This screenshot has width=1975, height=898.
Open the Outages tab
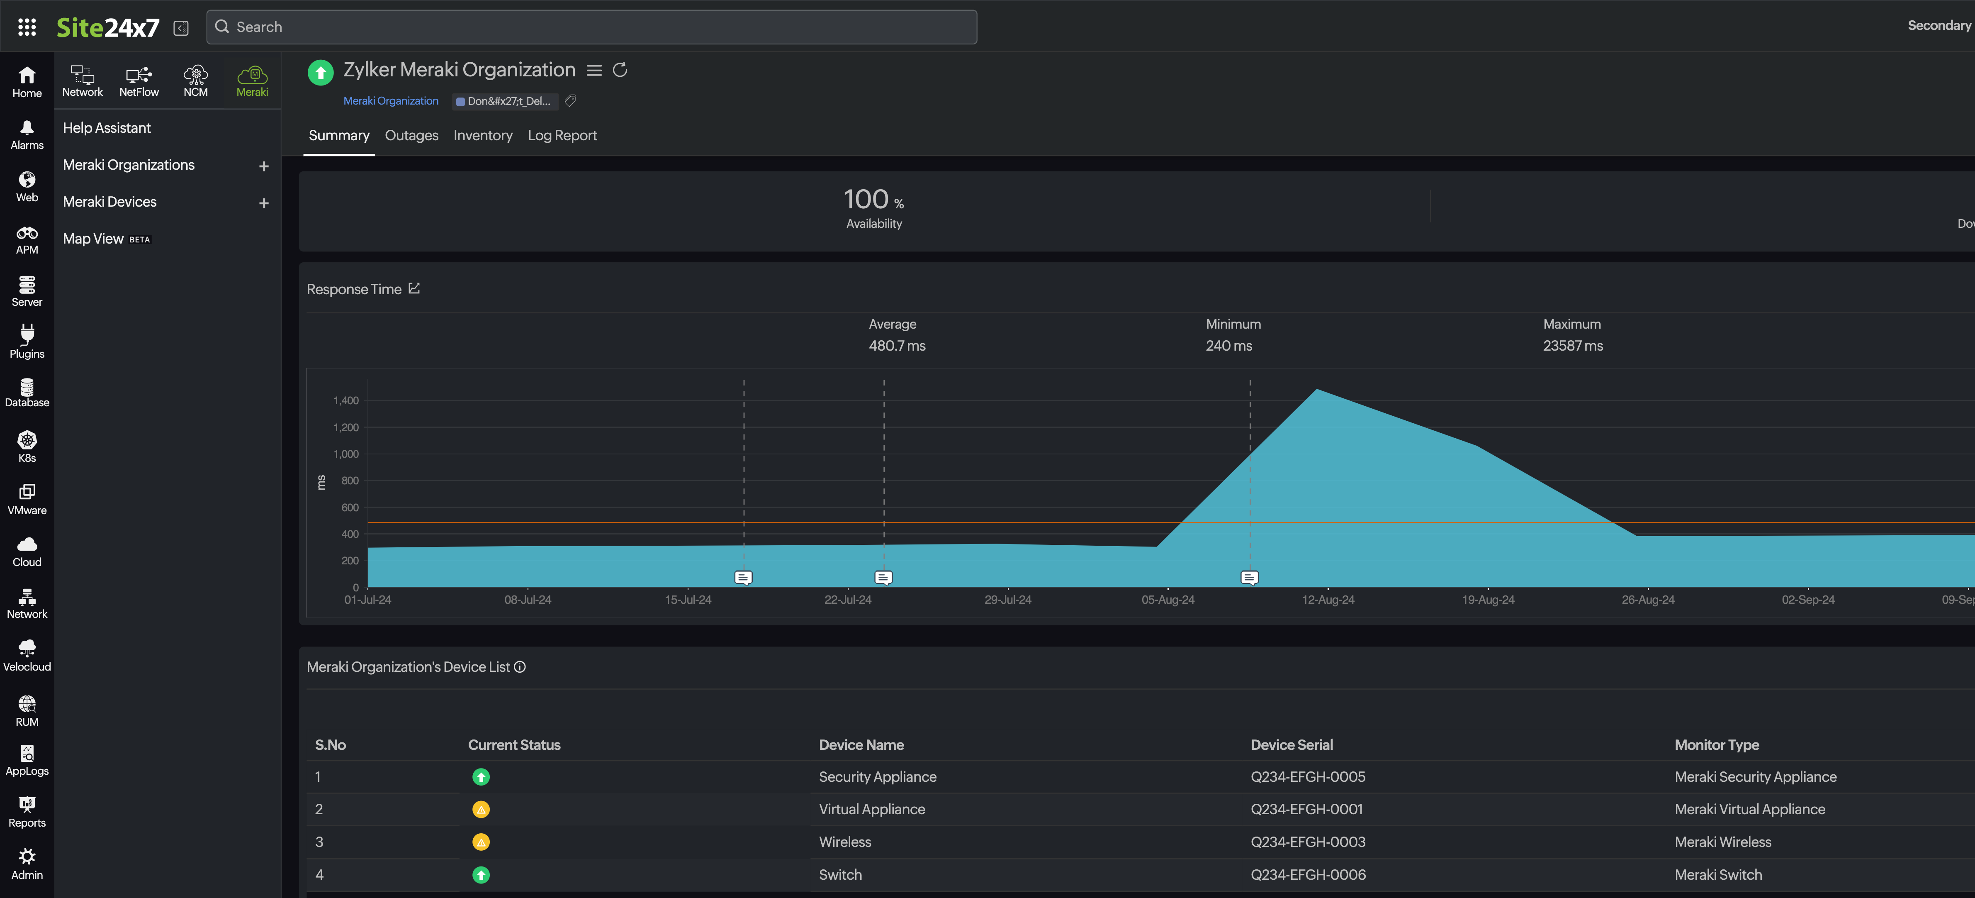[411, 136]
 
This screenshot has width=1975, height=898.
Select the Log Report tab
[562, 136]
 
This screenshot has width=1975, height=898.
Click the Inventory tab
[482, 136]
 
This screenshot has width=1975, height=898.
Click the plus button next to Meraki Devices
[264, 203]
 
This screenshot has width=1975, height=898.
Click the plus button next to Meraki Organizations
[264, 166]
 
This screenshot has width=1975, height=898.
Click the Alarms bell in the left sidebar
[27, 134]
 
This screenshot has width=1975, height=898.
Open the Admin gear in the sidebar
[27, 863]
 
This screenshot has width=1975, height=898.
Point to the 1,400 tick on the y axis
[346, 400]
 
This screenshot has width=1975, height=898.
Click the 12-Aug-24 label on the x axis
[1328, 600]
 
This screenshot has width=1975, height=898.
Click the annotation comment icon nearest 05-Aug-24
[1249, 578]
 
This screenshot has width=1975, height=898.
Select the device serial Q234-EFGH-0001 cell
[1306, 809]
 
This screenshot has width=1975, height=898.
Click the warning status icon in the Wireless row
[481, 842]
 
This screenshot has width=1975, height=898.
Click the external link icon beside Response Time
[414, 288]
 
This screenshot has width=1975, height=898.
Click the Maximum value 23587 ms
[1572, 346]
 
